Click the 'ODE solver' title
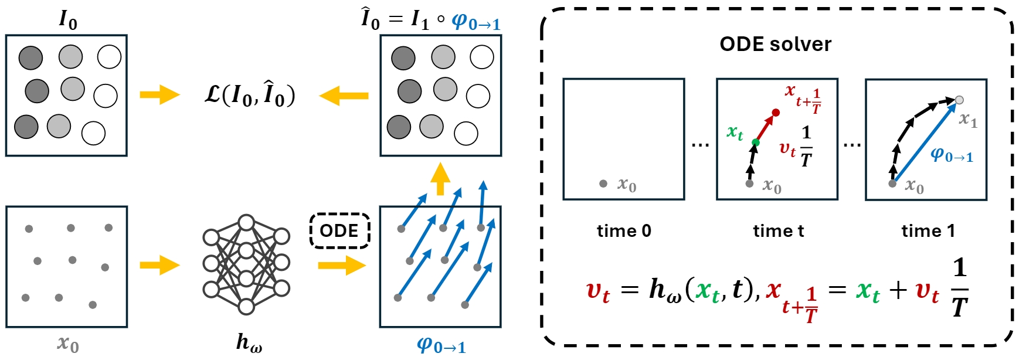point(775,45)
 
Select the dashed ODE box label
point(339,230)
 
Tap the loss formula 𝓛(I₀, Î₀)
point(250,95)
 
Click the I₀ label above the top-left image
point(68,20)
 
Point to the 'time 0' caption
point(624,231)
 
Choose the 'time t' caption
point(778,231)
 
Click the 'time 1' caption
point(928,231)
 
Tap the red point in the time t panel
point(776,113)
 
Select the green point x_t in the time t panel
point(756,142)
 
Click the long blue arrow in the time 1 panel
point(925,142)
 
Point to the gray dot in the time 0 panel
point(603,184)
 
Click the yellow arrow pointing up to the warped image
point(440,179)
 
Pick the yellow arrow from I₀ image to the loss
point(159,95)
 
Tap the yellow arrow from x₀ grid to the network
point(159,265)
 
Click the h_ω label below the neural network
point(249,342)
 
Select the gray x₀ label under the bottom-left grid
point(67,343)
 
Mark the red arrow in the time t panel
point(766,127)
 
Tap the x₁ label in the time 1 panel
point(968,120)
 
